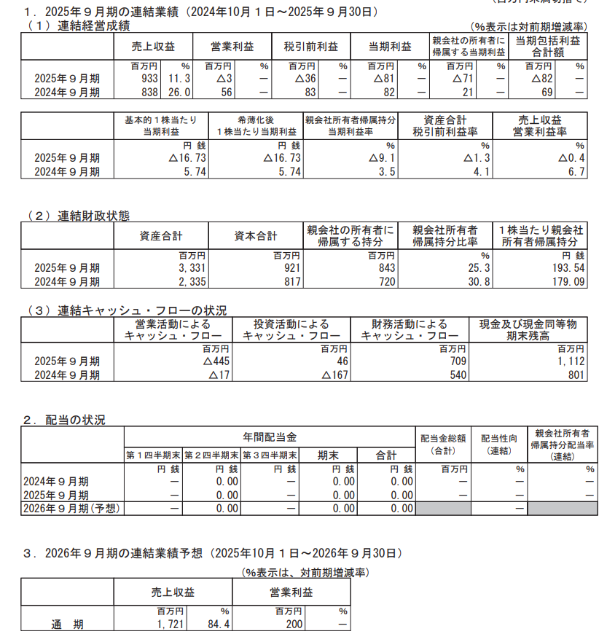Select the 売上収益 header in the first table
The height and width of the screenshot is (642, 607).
[x=153, y=46]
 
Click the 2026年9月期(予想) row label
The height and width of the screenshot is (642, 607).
[x=71, y=508]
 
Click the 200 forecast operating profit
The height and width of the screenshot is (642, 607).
[x=291, y=625]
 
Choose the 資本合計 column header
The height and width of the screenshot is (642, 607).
[x=256, y=236]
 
